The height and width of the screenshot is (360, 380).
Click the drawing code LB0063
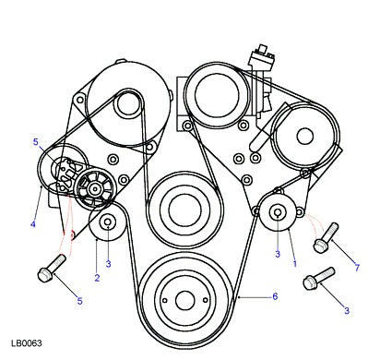click(27, 343)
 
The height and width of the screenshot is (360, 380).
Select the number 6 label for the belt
click(275, 296)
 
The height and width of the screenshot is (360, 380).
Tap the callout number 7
click(357, 268)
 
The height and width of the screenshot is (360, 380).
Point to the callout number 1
click(295, 264)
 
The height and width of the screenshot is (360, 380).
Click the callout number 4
click(33, 224)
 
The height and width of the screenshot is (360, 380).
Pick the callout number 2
click(97, 278)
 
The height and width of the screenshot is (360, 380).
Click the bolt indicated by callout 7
click(326, 238)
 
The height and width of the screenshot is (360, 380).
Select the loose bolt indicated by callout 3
click(319, 279)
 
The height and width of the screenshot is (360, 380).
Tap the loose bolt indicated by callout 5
click(52, 268)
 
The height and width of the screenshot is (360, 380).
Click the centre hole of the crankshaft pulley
click(185, 301)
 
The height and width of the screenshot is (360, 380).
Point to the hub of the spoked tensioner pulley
click(95, 189)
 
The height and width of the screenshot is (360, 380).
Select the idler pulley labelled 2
click(107, 222)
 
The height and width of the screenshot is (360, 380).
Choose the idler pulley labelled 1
click(278, 212)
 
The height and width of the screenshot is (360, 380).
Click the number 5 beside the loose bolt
click(80, 301)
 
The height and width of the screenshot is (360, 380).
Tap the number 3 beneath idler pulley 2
click(108, 264)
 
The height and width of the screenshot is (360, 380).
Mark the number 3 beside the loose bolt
click(347, 311)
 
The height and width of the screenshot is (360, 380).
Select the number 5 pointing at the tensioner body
click(36, 142)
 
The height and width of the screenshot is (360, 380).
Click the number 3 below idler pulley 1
click(278, 254)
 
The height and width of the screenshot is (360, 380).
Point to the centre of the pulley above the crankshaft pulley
click(184, 210)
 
